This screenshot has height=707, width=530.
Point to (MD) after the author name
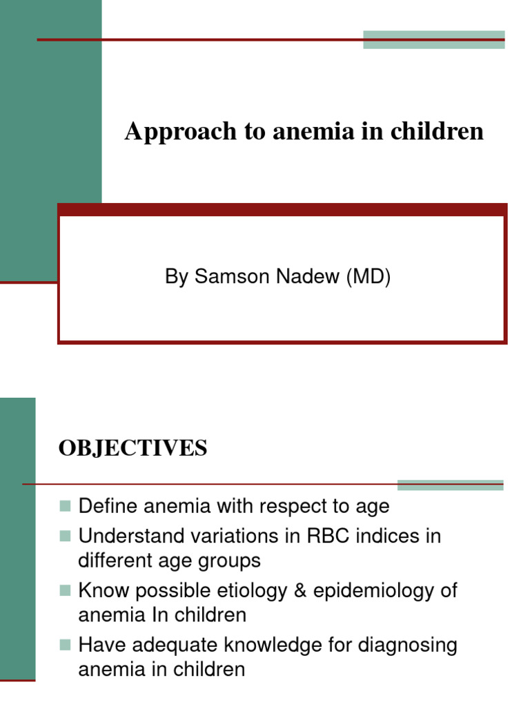click(369, 278)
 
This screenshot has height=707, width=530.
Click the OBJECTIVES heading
click(132, 449)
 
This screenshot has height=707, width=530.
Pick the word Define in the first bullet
click(108, 506)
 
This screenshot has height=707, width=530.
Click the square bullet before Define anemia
click(66, 507)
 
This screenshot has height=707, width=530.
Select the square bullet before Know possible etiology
click(66, 591)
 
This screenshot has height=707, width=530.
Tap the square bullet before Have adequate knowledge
click(66, 646)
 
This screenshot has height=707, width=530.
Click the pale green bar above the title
click(433, 39)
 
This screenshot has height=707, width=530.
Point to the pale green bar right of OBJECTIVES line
click(450, 485)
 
